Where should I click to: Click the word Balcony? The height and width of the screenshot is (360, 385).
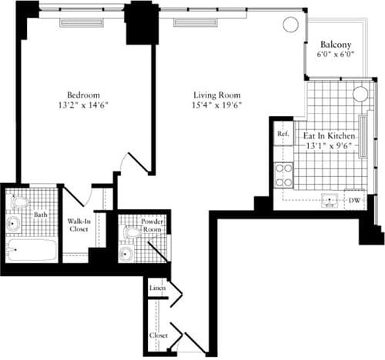[336, 44]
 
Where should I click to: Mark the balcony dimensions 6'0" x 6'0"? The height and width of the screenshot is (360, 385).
[336, 55]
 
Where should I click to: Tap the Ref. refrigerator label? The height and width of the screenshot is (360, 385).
[283, 134]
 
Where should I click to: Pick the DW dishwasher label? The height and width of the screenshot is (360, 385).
[355, 201]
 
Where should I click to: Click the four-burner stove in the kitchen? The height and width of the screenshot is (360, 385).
[284, 176]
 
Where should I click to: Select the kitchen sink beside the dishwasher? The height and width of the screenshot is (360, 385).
[331, 201]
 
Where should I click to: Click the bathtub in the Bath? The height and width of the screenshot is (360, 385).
[31, 250]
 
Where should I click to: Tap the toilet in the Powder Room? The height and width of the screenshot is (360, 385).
[131, 232]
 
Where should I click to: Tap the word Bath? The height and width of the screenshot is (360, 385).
[40, 215]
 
